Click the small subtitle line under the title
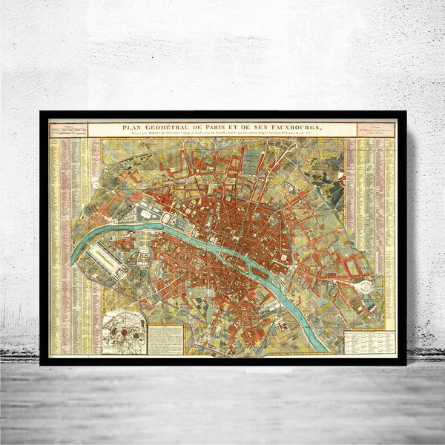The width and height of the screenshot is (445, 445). tap(222, 134)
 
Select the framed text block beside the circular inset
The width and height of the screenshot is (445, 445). tap(165, 338)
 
